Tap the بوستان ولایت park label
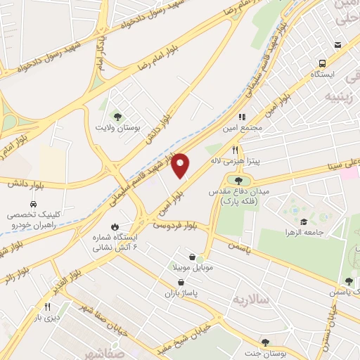117,129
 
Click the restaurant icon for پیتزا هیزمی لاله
236,150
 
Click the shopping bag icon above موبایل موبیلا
193,257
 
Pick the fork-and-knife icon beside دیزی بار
48,307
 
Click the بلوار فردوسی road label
174,226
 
